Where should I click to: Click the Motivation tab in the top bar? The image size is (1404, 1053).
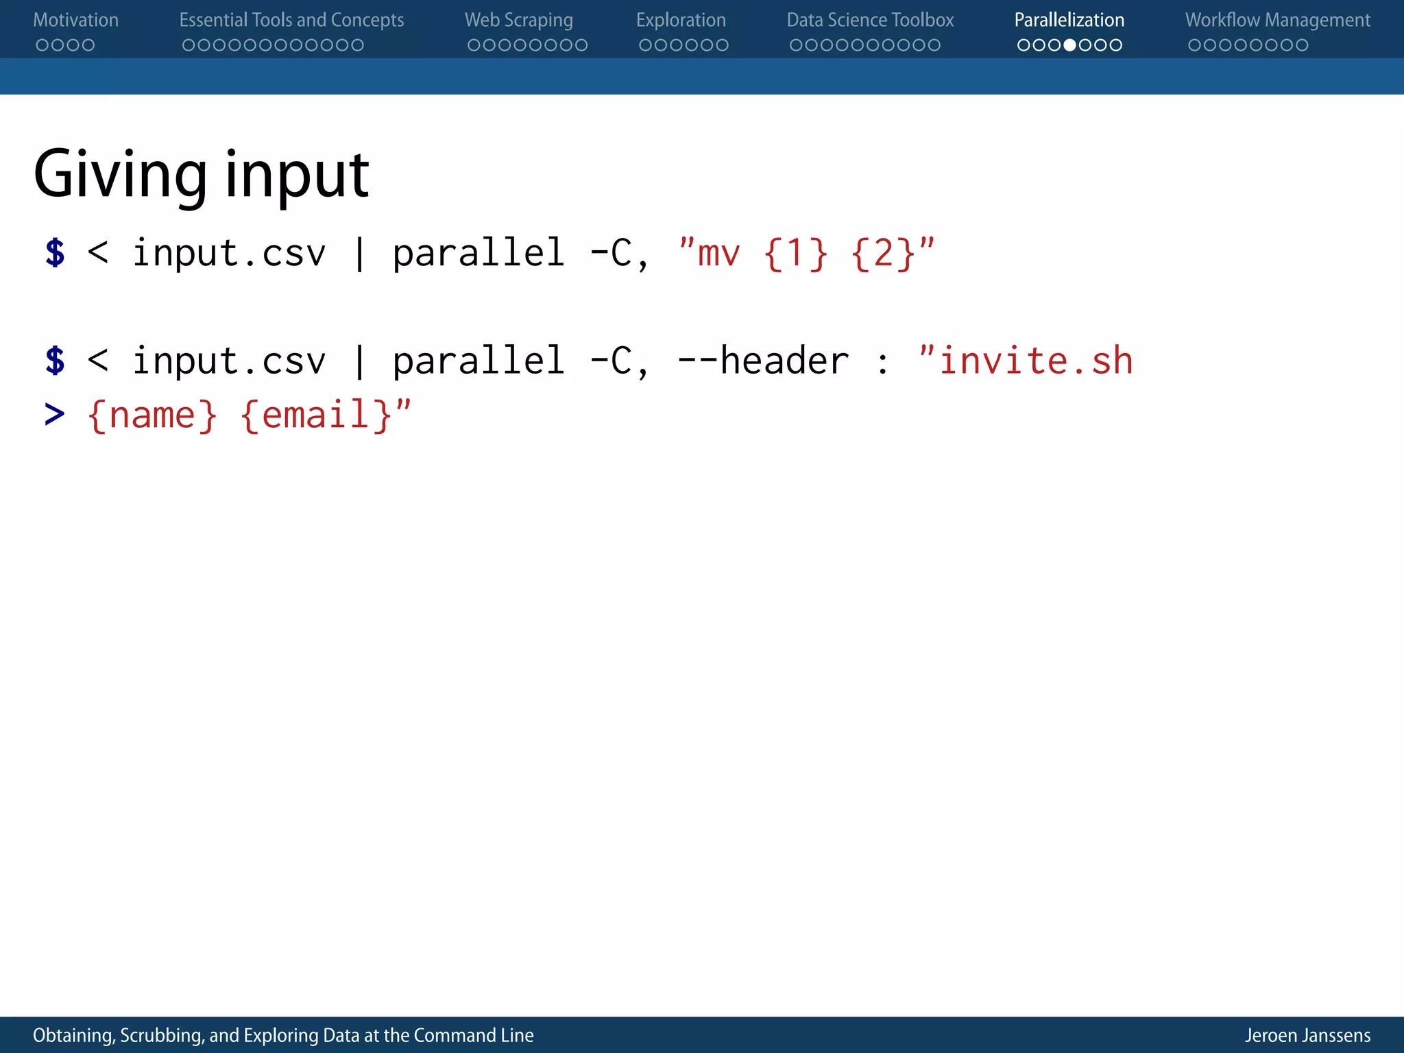[x=75, y=21]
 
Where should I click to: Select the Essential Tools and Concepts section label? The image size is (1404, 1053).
[x=291, y=21]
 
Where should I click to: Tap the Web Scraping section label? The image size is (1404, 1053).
[x=518, y=21]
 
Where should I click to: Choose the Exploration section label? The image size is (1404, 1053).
[x=681, y=21]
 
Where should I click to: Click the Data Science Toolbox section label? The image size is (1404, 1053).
[x=870, y=21]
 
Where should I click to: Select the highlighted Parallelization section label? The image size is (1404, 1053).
[x=1069, y=21]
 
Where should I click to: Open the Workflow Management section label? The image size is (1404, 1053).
[x=1278, y=21]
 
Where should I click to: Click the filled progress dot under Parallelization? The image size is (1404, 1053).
[x=1069, y=45]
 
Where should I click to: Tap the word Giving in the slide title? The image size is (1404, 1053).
[x=120, y=175]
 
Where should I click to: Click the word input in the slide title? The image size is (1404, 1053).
[x=297, y=175]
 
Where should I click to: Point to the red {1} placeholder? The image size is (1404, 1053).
[x=795, y=254]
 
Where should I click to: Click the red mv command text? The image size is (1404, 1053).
[x=718, y=254]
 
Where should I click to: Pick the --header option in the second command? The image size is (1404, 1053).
[x=763, y=361]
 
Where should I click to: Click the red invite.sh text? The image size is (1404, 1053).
[x=1035, y=361]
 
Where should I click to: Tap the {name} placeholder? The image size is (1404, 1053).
[x=152, y=415]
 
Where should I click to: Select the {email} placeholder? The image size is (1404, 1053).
[x=317, y=415]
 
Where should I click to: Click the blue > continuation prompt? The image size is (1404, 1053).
[x=54, y=415]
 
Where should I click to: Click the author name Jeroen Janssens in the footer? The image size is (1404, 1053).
[x=1307, y=1035]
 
